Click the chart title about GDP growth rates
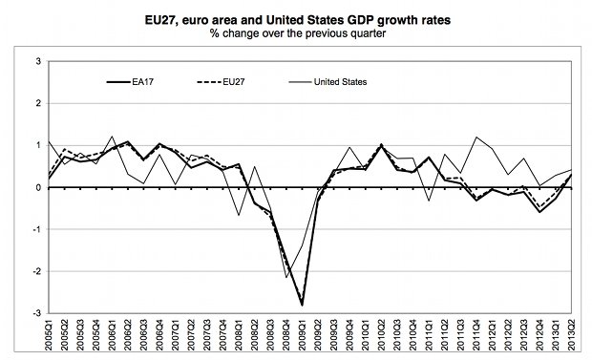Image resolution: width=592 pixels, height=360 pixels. [298, 20]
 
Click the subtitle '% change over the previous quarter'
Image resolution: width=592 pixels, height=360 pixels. [298, 33]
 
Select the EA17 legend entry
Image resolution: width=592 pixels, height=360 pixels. [130, 82]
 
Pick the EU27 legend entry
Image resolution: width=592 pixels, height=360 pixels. [221, 82]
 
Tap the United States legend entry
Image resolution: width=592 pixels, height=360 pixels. [328, 82]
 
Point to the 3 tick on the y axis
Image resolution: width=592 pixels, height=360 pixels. [38, 61]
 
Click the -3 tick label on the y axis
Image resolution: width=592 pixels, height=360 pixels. [36, 313]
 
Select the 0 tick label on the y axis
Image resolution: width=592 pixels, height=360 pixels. [38, 187]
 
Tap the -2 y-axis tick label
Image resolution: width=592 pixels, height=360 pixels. [36, 271]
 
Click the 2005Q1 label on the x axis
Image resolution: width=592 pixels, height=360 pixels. [49, 334]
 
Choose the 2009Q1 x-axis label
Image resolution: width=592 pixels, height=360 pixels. [302, 334]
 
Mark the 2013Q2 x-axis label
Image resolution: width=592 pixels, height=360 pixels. [571, 334]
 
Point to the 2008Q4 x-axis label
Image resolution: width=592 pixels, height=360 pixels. [285, 334]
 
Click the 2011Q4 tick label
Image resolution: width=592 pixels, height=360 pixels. [476, 334]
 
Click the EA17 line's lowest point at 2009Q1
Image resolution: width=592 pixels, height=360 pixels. [302, 305]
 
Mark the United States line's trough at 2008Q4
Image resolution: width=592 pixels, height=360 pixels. [286, 278]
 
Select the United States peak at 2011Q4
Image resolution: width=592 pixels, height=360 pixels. [476, 138]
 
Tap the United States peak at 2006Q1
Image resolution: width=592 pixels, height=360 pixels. [113, 137]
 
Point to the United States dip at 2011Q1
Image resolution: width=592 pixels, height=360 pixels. [429, 201]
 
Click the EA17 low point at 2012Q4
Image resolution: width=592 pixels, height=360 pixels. [539, 212]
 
